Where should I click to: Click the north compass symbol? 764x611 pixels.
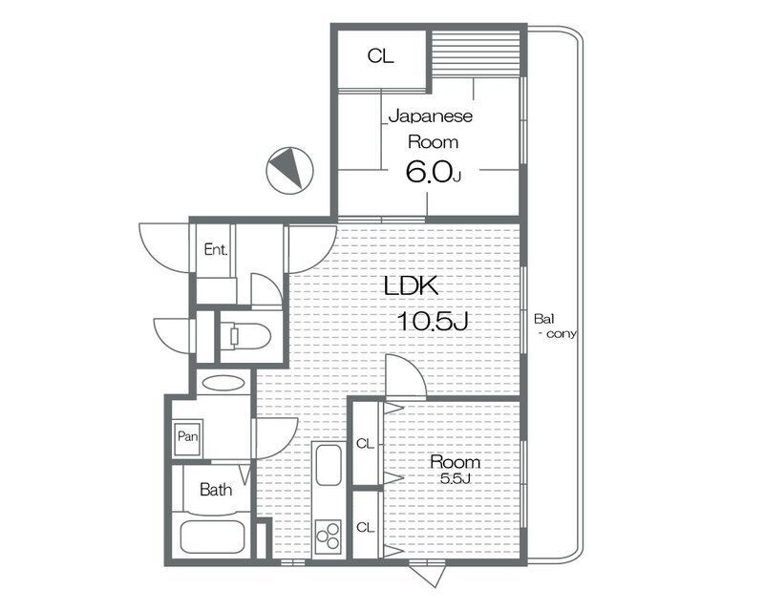point(289,171)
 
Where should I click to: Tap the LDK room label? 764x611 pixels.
point(412,286)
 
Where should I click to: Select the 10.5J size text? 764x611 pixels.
point(434,321)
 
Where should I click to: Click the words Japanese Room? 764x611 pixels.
point(432,129)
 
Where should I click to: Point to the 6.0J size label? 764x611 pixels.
point(433,172)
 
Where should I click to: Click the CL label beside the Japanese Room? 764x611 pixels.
point(380,56)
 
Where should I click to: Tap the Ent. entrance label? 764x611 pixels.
point(216,250)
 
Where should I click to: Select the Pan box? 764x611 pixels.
point(187,437)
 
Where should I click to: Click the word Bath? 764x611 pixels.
point(216,489)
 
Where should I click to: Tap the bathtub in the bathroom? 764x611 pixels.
point(212,537)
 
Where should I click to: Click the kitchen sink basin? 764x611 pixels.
point(329,465)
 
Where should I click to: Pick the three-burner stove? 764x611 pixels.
point(328,537)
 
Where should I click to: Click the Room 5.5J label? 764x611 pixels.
point(456,470)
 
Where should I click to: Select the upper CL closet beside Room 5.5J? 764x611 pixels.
point(366,444)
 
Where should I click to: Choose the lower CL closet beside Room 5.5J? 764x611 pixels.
point(366,527)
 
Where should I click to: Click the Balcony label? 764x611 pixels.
point(555,326)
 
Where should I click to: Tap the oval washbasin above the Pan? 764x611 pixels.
point(223,383)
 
